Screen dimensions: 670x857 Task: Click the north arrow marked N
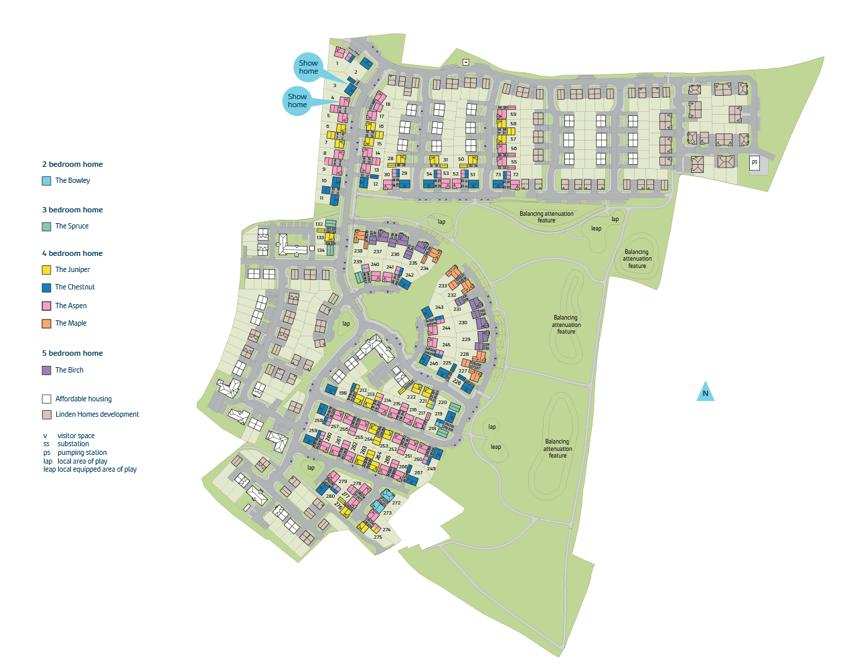coord(705,393)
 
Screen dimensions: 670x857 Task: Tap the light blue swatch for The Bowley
coord(47,181)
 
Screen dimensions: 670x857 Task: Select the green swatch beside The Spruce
coord(47,226)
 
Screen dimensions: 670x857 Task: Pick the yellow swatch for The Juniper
coord(47,270)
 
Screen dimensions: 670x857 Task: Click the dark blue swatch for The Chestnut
coord(47,287)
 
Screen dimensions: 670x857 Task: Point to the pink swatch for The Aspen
coord(47,306)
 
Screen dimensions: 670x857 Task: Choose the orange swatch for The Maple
coord(47,324)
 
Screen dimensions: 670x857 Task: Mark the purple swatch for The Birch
coord(47,371)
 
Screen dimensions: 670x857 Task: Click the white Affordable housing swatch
coord(47,399)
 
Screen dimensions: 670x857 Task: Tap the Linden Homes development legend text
coord(97,415)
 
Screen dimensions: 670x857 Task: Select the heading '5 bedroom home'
coord(72,353)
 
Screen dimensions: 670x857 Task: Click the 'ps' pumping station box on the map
coord(755,162)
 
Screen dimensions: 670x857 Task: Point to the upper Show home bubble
coord(309,68)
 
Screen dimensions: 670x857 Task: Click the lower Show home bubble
coord(297,101)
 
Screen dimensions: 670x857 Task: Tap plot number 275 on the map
coord(378,537)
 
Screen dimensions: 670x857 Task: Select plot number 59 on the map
coord(513,115)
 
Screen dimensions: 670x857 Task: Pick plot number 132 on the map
coord(319,224)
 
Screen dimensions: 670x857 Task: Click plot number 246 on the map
coord(434,363)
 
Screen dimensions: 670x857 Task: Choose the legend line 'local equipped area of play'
coord(96,470)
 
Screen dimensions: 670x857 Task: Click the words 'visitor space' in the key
coord(76,436)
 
